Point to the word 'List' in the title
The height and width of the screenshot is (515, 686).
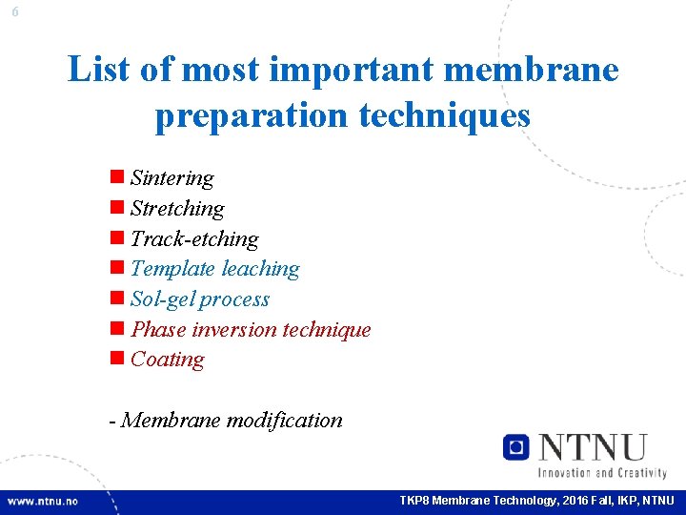point(99,70)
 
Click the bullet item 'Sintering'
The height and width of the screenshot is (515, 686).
point(171,178)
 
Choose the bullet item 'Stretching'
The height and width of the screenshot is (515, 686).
point(177,209)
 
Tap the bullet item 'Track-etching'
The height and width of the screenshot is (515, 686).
point(194,239)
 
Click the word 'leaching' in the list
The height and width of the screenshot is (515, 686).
point(260,270)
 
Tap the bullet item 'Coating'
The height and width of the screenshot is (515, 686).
point(167,360)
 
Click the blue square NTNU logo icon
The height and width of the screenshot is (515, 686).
point(516,446)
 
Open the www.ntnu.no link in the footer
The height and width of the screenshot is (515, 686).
point(43,501)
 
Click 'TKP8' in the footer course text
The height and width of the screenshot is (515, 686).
point(414,501)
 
